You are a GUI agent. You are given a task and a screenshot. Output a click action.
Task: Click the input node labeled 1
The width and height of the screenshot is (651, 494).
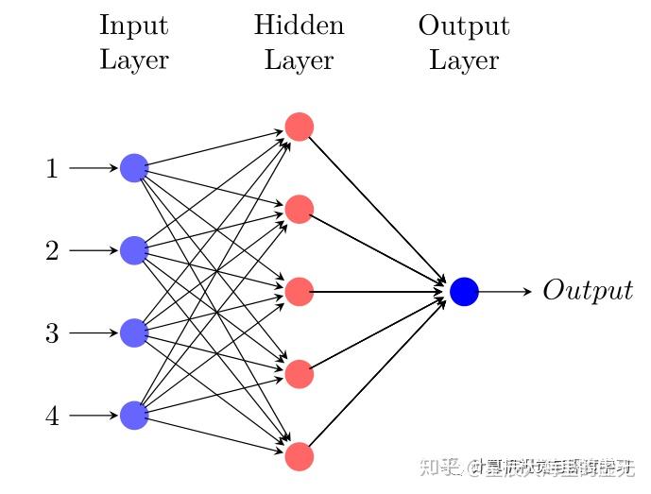(x=134, y=168)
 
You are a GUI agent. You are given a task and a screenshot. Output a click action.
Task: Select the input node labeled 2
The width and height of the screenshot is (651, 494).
(x=134, y=250)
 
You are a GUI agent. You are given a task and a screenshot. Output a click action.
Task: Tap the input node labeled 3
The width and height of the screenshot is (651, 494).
(x=134, y=332)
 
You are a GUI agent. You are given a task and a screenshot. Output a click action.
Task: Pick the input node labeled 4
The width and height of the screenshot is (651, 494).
(x=134, y=415)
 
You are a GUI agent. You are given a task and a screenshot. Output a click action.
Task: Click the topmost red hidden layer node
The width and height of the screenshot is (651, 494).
(x=299, y=127)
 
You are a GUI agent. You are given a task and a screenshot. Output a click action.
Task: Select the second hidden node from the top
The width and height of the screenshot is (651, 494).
(x=299, y=209)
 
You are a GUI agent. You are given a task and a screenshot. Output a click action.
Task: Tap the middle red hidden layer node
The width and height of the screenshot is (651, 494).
(x=299, y=292)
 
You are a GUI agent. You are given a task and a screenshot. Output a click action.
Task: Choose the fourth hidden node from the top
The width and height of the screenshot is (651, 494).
(x=299, y=374)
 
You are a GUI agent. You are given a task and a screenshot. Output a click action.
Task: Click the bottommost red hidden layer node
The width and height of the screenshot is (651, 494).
(x=299, y=456)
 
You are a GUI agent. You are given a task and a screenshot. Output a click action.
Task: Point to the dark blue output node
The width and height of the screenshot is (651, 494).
(x=464, y=292)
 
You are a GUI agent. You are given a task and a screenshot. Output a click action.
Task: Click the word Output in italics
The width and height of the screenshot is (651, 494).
(x=587, y=291)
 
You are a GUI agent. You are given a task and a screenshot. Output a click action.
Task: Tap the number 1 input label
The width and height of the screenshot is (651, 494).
(x=52, y=169)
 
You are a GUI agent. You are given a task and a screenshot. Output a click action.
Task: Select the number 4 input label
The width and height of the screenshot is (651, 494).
(x=52, y=416)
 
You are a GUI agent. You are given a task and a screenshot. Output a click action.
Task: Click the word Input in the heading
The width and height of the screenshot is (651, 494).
(x=133, y=26)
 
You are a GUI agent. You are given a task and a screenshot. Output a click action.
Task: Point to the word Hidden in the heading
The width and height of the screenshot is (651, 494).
(x=299, y=26)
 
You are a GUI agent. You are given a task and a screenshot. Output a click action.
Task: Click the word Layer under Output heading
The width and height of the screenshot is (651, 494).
(x=464, y=61)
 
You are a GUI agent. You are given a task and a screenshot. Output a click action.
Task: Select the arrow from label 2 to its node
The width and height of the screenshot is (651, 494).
(x=94, y=250)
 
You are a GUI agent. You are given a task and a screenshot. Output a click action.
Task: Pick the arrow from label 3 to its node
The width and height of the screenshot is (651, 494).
(x=94, y=332)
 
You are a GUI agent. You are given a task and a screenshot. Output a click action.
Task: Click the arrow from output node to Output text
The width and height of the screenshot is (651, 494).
(x=506, y=292)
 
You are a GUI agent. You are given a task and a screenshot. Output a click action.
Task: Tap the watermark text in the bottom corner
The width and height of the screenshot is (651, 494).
(x=540, y=467)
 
